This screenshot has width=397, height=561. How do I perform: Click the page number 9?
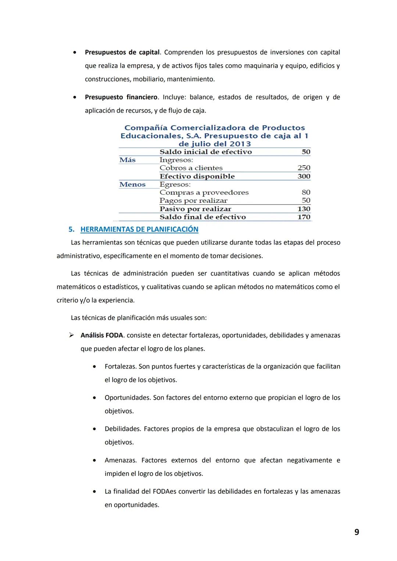coord(357,532)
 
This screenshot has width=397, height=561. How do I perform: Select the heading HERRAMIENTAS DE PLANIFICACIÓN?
coord(139,229)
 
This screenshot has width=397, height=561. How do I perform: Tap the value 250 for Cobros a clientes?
coord(304,168)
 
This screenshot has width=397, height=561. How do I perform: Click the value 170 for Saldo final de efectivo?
coord(304,217)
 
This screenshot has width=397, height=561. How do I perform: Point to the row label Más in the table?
coord(128,160)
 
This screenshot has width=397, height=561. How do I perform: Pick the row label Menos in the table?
coord(132,184)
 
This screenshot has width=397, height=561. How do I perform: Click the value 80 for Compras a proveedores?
coord(306,193)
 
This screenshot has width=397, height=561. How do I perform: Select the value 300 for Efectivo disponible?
coord(304,176)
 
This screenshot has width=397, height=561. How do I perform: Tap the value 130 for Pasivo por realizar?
coord(304,209)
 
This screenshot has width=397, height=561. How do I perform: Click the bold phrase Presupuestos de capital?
coord(122,52)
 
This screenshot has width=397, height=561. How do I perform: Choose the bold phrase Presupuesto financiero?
coord(121,97)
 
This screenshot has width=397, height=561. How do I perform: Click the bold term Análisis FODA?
coord(101,335)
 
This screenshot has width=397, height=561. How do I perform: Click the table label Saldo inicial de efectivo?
coord(205,152)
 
